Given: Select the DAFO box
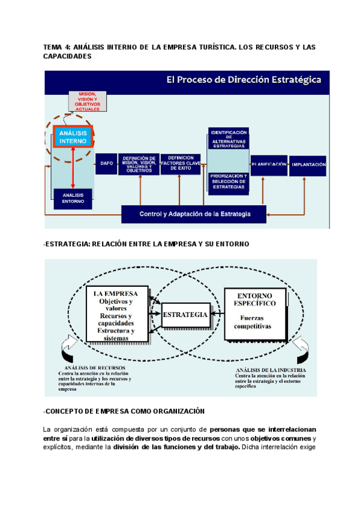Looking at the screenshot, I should [106, 163].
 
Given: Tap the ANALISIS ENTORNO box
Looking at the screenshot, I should [73, 198].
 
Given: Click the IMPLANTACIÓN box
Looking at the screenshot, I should [308, 164].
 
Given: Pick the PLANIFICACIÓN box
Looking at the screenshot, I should [268, 164].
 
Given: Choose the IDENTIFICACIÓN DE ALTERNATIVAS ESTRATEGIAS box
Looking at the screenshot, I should [228, 139].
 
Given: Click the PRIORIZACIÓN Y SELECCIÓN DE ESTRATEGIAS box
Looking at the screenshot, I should [228, 181].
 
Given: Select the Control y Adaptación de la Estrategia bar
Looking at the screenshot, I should [194, 214].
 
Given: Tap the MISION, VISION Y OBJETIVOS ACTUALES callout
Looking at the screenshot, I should [88, 101].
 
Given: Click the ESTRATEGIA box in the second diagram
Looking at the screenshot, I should [185, 315].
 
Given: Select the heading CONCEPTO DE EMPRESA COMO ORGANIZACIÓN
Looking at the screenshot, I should [124, 411].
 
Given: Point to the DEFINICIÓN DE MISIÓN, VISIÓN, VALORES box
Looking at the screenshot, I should [139, 163].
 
